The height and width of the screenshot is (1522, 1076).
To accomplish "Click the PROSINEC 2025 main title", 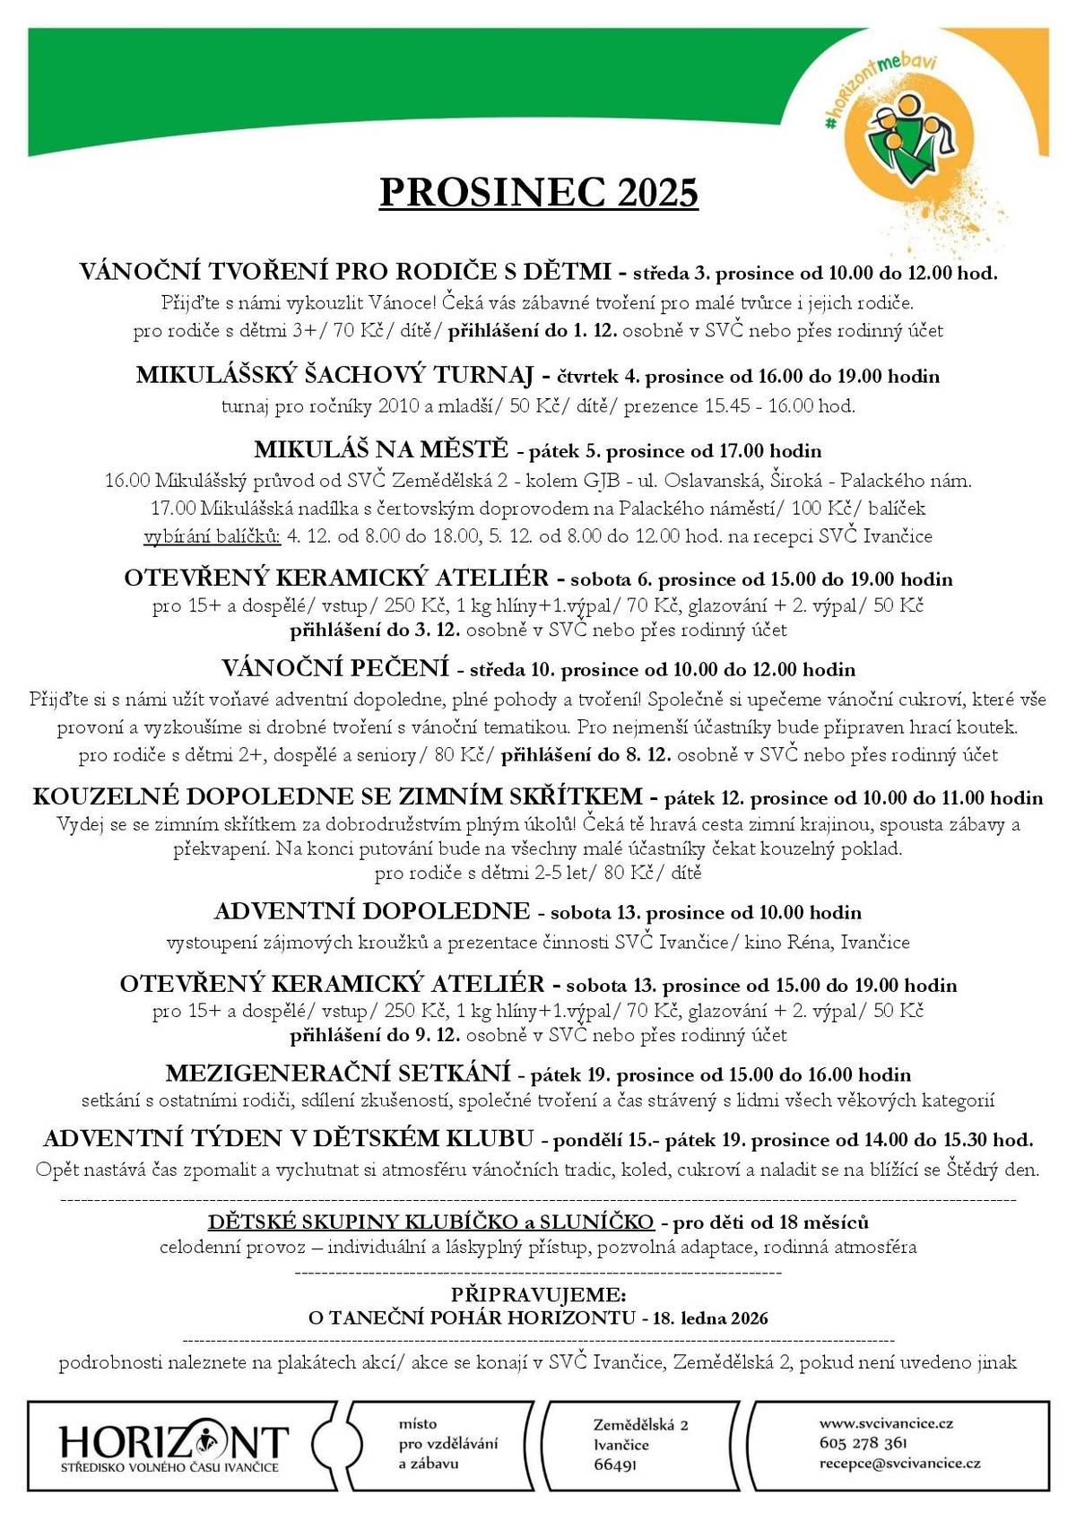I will coord(538,192).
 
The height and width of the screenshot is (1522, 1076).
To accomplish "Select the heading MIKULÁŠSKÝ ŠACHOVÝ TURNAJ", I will coord(334,375).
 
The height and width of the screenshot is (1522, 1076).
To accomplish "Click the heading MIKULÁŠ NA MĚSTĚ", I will coord(381,448).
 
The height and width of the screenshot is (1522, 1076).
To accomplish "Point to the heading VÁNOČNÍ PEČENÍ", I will coord(334,668).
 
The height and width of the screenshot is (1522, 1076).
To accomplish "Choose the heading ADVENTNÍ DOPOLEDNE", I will coord(372,911).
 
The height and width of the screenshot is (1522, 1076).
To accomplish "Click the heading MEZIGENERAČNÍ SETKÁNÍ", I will coord(338,1073).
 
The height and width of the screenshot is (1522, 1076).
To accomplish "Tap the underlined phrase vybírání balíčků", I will coord(213,536).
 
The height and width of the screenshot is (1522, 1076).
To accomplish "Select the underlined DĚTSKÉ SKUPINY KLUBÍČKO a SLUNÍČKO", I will coord(430,1222).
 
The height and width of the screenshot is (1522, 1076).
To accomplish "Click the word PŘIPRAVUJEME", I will coord(538,1295).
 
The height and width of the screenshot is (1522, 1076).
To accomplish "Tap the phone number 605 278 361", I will coord(863,1443).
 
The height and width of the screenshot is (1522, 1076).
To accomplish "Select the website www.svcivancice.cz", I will coord(886,1422).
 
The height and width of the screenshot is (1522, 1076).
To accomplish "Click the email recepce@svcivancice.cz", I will coord(899,1463).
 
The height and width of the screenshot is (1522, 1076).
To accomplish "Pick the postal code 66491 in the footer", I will coord(615,1465).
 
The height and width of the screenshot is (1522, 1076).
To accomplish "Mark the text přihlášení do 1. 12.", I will coord(533,330).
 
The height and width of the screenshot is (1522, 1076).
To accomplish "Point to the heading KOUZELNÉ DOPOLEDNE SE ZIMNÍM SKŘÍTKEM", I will coord(338,796).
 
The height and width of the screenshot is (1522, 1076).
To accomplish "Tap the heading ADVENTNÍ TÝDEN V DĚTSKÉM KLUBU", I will coord(289,1139).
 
